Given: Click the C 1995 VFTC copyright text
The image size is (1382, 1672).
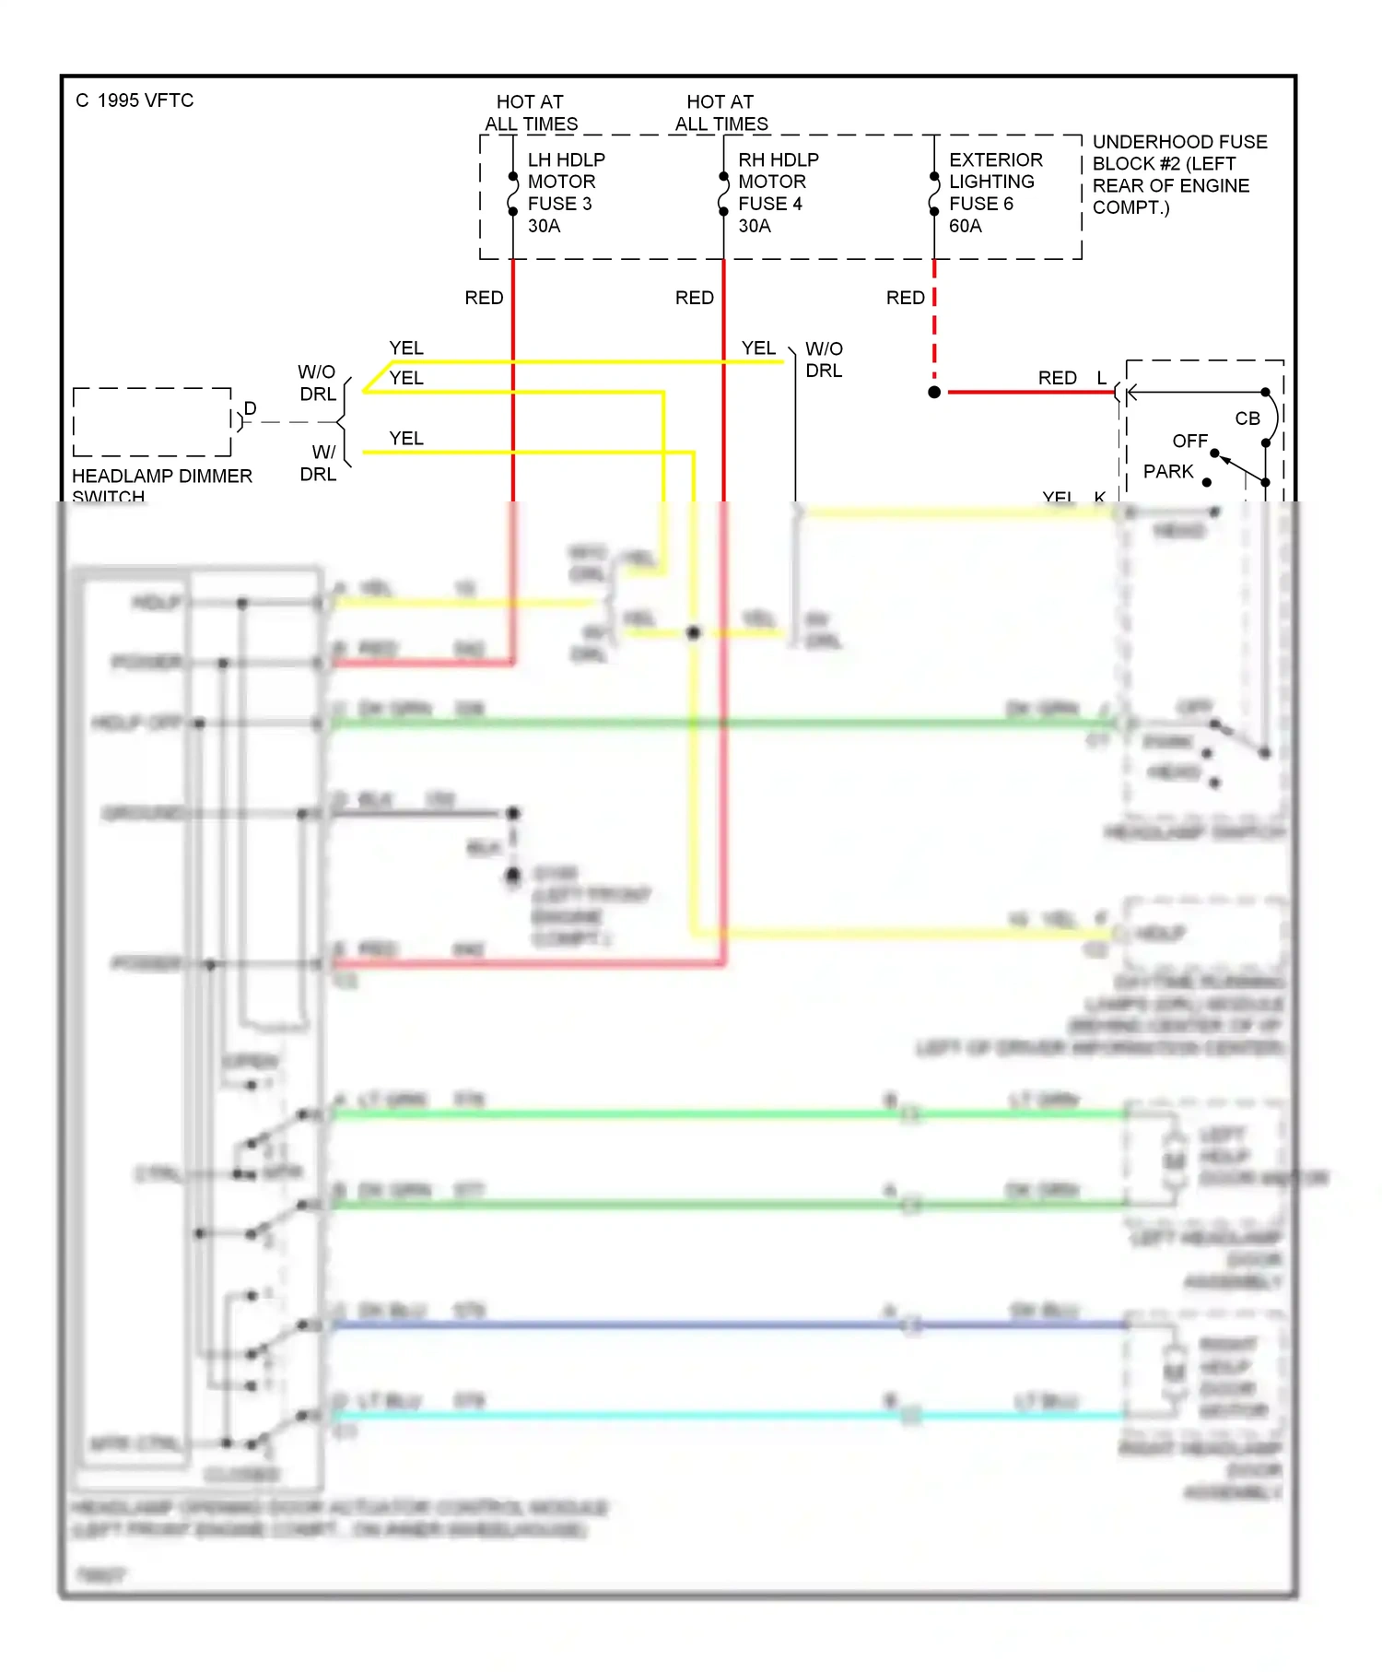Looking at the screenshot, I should coord(135,100).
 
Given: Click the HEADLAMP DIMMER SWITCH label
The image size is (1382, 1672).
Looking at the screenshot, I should coord(161,485).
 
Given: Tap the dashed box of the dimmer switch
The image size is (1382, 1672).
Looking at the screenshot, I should coord(152,422).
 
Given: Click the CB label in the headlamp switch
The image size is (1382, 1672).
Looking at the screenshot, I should coord(1247,418).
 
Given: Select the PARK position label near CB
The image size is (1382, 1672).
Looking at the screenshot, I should coord(1167,472).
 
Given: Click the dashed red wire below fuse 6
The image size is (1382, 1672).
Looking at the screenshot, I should coord(934,323).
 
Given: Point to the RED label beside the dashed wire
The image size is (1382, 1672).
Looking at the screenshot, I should coord(905,298).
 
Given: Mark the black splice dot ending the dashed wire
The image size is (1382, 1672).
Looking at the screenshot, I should coord(934,393).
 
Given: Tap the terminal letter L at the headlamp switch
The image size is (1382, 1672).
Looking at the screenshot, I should coord(1101,378).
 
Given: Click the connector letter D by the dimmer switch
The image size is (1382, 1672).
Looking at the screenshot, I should coord(250,408).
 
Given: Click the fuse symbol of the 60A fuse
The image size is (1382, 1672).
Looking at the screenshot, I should coord(934,194).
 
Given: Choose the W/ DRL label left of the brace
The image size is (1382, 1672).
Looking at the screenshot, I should coord(319,463).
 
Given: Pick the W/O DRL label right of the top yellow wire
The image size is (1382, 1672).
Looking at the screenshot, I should coord(823,359).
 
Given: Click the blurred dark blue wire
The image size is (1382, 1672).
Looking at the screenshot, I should coord(645,1325).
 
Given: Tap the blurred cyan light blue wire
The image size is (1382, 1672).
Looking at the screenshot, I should coord(645,1415).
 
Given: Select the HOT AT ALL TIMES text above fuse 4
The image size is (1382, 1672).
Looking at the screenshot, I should coord(720,112).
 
